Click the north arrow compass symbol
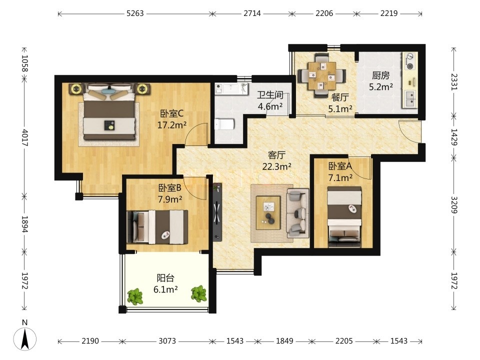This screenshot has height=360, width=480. tap(25, 338)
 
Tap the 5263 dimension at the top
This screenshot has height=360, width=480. tap(135, 13)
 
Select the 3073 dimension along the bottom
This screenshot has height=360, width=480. tap(167, 341)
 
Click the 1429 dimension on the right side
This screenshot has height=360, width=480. tap(454, 137)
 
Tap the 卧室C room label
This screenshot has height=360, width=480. tap(171, 113)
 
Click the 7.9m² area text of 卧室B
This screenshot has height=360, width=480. tap(170, 199)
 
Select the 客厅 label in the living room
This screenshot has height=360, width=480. tap(276, 155)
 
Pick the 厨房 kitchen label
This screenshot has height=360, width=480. tap(381, 75)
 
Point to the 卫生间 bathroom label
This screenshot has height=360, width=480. tap(270, 95)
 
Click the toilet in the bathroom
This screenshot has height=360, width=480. tap(224, 124)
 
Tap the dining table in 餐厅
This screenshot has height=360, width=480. tap(322, 75)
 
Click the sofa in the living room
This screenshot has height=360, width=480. tap(297, 213)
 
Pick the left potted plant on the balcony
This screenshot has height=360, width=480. tap(135, 296)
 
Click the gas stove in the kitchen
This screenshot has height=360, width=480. tap(409, 61)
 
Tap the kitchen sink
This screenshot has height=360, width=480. tap(410, 98)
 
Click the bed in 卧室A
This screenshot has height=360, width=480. tap(344, 216)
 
